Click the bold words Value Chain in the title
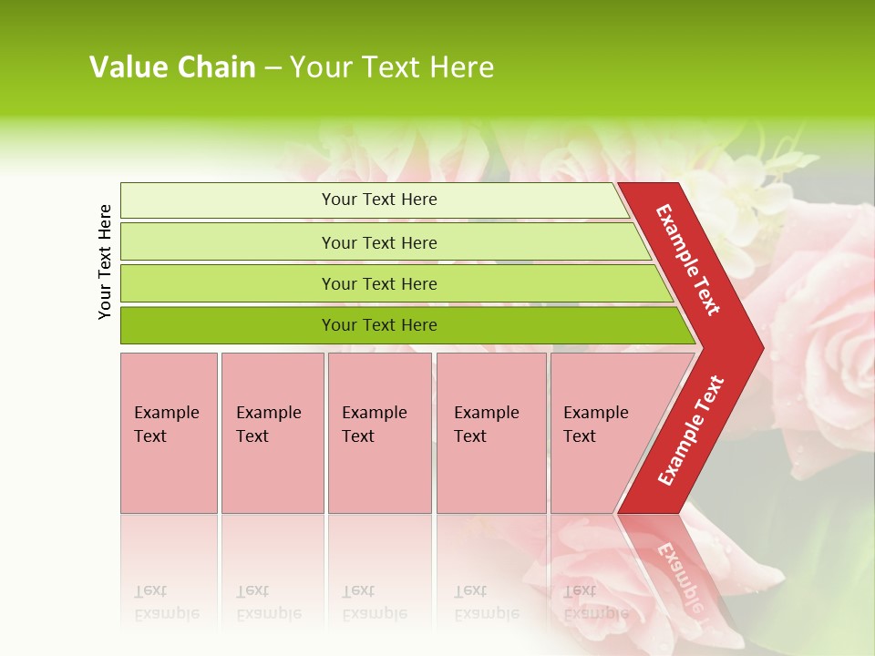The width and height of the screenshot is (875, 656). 172,67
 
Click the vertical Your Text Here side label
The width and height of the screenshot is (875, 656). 105,261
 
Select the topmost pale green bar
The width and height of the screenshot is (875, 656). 228,200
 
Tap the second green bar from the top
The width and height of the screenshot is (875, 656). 228,242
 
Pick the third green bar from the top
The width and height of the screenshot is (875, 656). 228,283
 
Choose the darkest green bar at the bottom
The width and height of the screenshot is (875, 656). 228,325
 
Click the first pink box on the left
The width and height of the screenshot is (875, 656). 169,433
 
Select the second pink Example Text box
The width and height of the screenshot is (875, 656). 273,433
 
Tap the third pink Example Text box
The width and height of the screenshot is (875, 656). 379,433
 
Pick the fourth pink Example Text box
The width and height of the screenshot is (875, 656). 491,433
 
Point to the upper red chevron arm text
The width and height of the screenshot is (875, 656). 688,260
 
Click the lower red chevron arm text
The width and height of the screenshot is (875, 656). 690,431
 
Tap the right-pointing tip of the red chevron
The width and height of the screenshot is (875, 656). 753,347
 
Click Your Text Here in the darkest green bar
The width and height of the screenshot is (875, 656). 379,325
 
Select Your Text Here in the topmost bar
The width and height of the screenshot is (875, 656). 379,200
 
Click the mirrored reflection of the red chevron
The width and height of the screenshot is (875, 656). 674,560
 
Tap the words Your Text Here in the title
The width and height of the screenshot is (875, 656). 392,67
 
